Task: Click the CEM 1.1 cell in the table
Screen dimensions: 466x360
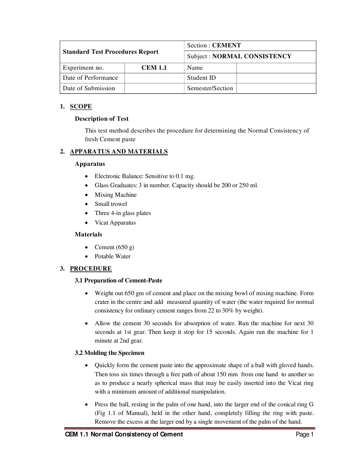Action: pyautogui.click(x=154, y=68)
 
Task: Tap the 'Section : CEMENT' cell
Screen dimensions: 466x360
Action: pyautogui.click(x=214, y=46)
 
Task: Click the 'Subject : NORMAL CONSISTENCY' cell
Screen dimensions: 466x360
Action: pyautogui.click(x=239, y=56)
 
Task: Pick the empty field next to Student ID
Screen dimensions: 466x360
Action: pyautogui.click(x=276, y=78)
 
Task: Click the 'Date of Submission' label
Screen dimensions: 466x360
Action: pyautogui.click(x=89, y=88)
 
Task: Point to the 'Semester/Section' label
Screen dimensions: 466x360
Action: pyautogui.click(x=210, y=88)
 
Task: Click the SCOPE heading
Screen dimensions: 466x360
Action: pyautogui.click(x=81, y=107)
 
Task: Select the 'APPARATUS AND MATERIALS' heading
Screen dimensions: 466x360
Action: pyautogui.click(x=119, y=152)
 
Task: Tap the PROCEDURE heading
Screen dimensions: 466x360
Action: pyautogui.click(x=91, y=269)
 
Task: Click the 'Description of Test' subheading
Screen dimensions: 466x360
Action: pyautogui.click(x=101, y=119)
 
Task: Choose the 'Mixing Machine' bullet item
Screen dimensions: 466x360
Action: pyautogui.click(x=116, y=195)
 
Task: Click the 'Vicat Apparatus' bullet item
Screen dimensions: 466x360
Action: pyautogui.click(x=115, y=223)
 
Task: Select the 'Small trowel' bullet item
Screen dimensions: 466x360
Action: pyautogui.click(x=111, y=204)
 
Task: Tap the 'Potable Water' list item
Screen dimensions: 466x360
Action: pyautogui.click(x=112, y=256)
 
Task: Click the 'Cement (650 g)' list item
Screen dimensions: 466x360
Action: pyautogui.click(x=114, y=247)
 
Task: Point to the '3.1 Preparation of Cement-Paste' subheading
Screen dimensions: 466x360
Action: pyautogui.click(x=118, y=280)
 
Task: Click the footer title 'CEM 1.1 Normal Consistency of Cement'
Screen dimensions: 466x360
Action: pyautogui.click(x=124, y=435)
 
